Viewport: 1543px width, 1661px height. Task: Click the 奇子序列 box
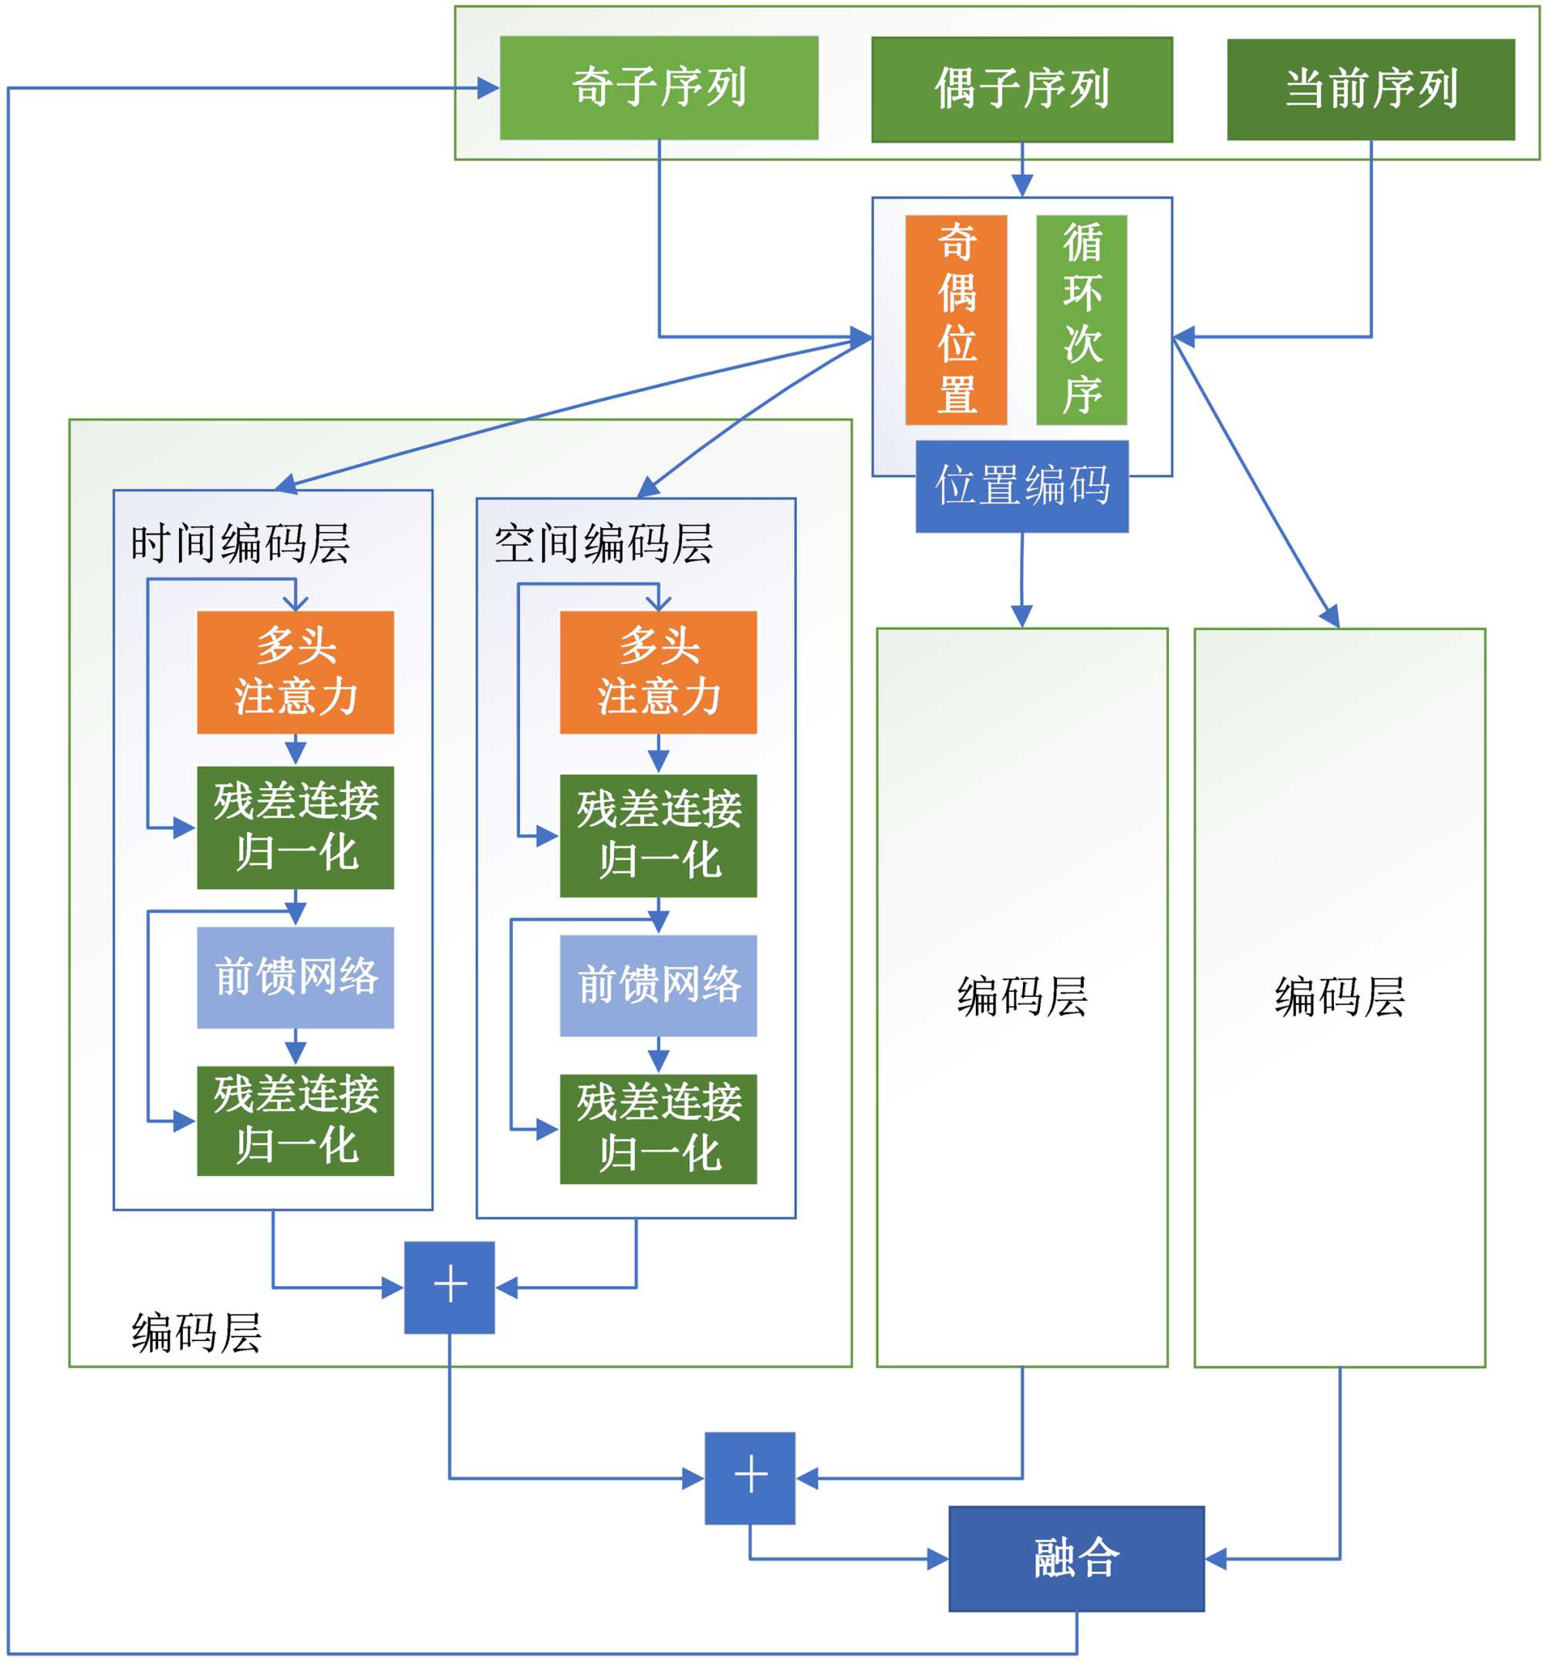click(659, 88)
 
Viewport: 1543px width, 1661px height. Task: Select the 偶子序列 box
click(1021, 89)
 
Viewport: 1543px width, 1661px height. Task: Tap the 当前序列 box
click(1370, 89)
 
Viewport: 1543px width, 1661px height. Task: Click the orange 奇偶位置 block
click(956, 320)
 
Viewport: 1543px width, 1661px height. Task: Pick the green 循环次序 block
click(1082, 320)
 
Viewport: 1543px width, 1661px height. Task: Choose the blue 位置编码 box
click(1021, 486)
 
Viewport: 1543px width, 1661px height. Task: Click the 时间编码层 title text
click(240, 544)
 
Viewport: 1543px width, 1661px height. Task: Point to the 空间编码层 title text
click(603, 544)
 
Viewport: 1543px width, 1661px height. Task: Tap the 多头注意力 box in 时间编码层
click(295, 672)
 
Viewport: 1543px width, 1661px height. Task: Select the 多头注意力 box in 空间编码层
click(658, 672)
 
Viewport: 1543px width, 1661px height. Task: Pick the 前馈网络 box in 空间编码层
click(658, 985)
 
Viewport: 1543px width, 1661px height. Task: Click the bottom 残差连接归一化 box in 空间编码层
click(658, 1128)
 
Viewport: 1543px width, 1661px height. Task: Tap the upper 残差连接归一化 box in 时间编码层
click(295, 827)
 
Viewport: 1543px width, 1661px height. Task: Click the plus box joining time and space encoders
click(449, 1287)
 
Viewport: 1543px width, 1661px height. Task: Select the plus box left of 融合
click(749, 1478)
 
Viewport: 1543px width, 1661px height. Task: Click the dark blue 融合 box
click(1076, 1558)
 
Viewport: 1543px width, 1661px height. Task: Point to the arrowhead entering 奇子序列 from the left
click(488, 88)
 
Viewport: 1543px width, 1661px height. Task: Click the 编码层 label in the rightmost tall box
click(1339, 996)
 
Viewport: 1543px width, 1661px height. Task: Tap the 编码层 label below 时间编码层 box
click(196, 1333)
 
